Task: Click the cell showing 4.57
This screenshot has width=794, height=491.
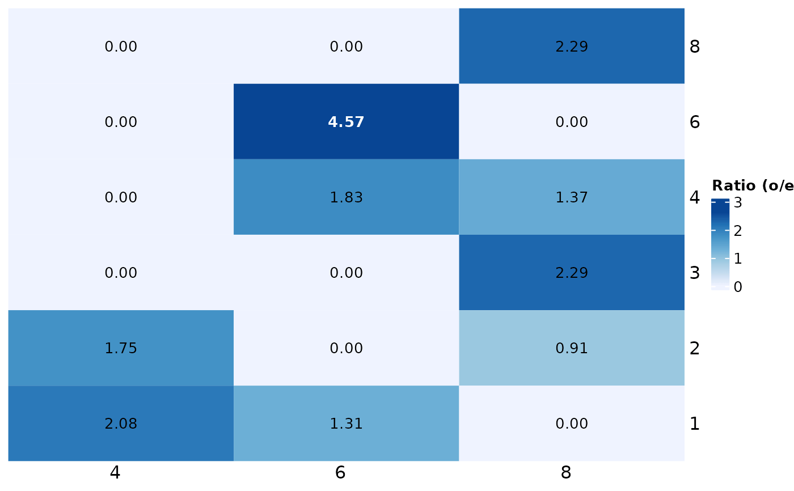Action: (x=346, y=122)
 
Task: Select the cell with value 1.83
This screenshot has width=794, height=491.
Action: (x=346, y=197)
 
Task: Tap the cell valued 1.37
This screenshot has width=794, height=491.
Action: (x=571, y=197)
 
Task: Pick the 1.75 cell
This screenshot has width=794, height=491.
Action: (x=121, y=348)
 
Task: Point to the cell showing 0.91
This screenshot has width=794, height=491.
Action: (x=571, y=348)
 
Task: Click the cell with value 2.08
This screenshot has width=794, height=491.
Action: (x=121, y=424)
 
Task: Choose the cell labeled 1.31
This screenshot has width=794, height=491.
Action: (x=346, y=424)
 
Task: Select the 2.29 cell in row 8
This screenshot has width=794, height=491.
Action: (x=571, y=46)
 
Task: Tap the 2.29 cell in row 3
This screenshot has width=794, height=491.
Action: (x=571, y=273)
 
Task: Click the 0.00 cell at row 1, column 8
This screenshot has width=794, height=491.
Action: (x=571, y=424)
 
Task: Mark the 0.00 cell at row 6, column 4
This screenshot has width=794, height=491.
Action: (x=121, y=122)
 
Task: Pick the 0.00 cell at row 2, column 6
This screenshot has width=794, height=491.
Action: (x=346, y=348)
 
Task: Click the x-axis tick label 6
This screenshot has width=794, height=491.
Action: (x=340, y=473)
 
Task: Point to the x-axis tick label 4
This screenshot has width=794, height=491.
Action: (x=115, y=473)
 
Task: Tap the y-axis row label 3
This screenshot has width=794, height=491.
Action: (x=694, y=273)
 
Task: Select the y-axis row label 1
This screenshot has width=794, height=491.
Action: (x=694, y=424)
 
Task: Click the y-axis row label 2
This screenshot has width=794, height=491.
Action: (x=694, y=348)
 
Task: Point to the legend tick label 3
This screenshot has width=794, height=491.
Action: (x=738, y=203)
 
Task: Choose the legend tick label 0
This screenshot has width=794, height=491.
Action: (x=738, y=287)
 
